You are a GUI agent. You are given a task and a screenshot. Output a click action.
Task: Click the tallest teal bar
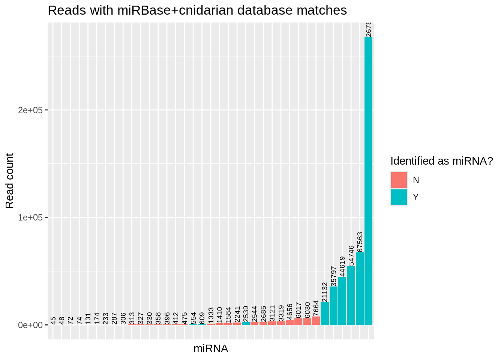[x=368, y=180]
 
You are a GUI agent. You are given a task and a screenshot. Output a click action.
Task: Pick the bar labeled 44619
[x=342, y=300]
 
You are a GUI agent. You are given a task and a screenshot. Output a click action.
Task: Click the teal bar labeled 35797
[x=333, y=305]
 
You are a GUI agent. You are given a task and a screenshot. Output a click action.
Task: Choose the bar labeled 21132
[x=325, y=313]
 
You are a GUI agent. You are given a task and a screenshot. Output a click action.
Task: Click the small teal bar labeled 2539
[x=246, y=323]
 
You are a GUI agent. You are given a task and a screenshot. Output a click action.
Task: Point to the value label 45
[x=53, y=321]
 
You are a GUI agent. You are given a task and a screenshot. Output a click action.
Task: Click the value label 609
[x=202, y=318]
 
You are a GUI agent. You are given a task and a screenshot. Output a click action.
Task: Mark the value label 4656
[x=289, y=312]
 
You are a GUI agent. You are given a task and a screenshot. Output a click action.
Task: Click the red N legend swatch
[x=399, y=180]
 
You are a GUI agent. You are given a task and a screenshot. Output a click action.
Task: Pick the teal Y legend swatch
[x=399, y=197]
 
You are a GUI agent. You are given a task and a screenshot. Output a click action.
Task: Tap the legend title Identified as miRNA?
[x=441, y=161]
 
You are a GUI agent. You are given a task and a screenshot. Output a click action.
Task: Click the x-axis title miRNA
[x=211, y=349]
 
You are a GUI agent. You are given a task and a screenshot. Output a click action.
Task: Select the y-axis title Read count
[x=10, y=181]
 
